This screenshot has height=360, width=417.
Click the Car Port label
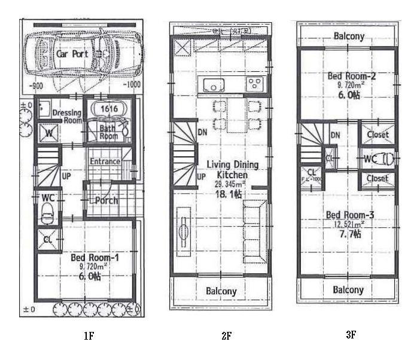(72, 53)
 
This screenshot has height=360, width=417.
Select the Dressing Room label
(66, 116)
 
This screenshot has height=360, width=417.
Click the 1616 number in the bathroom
(108, 109)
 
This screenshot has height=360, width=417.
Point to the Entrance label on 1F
(105, 161)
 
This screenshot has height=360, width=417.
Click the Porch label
(106, 200)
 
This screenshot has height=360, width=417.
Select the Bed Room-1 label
(89, 257)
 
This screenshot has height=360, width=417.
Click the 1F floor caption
(89, 336)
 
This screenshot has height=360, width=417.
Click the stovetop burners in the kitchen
(254, 83)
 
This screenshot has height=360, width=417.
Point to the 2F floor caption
(226, 336)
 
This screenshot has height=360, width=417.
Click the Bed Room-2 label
(347, 77)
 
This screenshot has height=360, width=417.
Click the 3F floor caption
(351, 335)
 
